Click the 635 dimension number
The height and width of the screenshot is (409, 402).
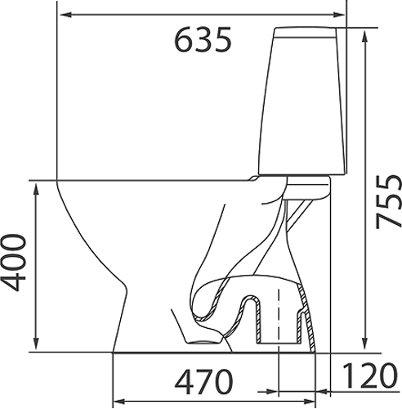[x=203, y=39]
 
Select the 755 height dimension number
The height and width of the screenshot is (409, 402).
[x=389, y=201]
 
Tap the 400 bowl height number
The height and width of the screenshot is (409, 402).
[x=14, y=263]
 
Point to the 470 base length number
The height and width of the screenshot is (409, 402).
[x=203, y=382]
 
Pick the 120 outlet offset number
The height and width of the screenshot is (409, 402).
[x=369, y=375]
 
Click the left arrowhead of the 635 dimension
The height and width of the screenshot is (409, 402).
[x=66, y=15]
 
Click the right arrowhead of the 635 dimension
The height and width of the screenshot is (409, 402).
[x=338, y=15]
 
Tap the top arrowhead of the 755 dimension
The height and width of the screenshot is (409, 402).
[x=365, y=37]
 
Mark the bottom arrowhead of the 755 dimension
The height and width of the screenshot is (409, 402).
[x=365, y=344]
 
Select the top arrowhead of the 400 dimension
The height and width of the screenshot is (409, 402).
[x=36, y=189]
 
